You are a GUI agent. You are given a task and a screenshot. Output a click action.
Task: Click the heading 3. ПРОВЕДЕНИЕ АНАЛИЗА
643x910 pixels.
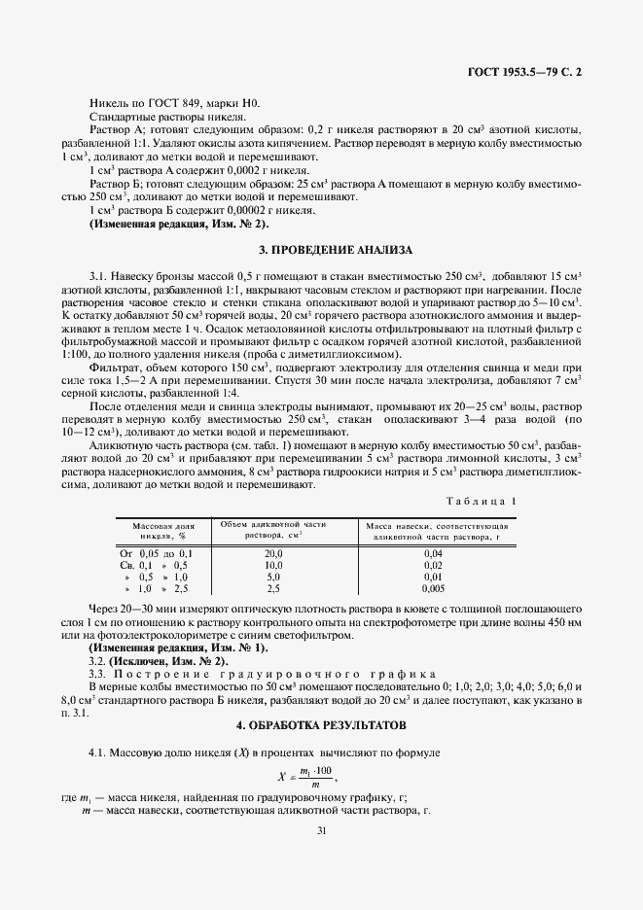(320, 250)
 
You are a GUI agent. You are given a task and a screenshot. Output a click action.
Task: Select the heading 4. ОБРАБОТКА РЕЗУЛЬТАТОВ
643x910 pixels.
(320, 726)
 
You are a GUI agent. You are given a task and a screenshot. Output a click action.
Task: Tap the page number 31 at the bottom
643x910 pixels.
(321, 829)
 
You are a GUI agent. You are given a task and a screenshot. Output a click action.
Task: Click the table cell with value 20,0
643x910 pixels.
(273, 552)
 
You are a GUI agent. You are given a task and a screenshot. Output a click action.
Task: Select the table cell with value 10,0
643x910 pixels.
(273, 564)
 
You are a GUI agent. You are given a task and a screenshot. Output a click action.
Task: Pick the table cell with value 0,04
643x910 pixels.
(434, 552)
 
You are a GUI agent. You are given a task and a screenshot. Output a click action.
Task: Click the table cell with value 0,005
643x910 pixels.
(434, 588)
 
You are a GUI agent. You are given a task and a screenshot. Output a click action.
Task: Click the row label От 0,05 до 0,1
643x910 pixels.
(157, 552)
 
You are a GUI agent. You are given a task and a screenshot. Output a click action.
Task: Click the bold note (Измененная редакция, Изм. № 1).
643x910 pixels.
(178, 647)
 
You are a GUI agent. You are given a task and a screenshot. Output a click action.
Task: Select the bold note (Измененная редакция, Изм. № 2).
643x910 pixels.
(172, 224)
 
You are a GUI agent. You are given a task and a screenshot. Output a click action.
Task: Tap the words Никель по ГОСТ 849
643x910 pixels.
(145, 103)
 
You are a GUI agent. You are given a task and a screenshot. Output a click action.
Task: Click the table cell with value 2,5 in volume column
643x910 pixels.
(273, 588)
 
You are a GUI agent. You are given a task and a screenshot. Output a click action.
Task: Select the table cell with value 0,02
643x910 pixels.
(434, 564)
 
